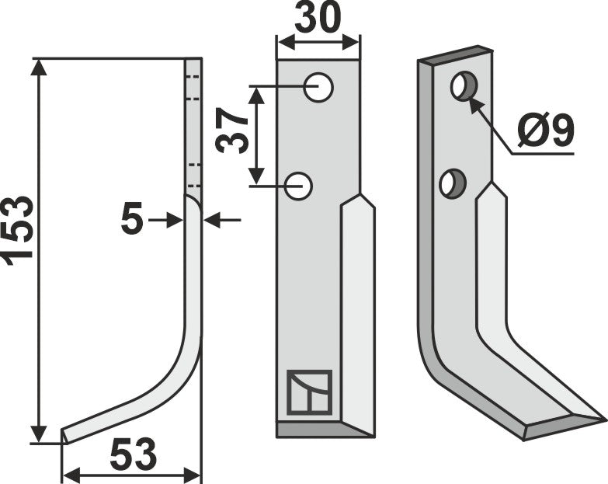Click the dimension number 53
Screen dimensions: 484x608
133,454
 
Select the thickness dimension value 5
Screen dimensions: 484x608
132,221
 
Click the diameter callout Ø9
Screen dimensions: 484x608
544,132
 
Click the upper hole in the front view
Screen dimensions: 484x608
318,88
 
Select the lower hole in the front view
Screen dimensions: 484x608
298,186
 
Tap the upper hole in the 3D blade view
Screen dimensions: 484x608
463,86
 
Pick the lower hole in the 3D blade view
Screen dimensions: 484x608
450,183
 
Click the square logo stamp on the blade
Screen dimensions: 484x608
309,392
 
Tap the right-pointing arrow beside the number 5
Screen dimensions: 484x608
175,221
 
